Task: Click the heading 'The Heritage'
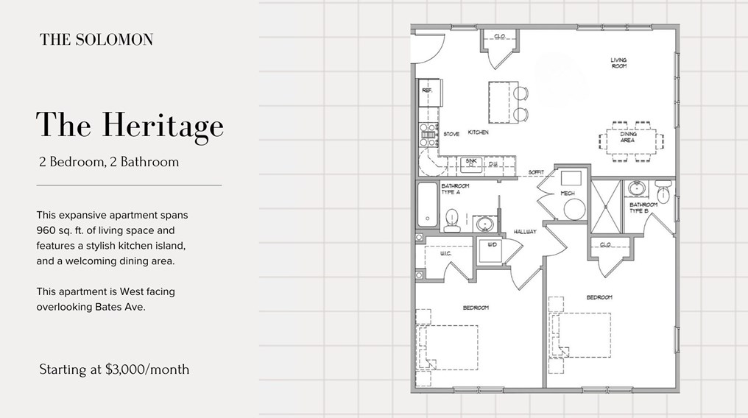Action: tap(130, 126)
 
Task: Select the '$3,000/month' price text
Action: tap(147, 369)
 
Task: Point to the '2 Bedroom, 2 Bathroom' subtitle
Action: tap(109, 162)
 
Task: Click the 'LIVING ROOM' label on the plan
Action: tap(618, 63)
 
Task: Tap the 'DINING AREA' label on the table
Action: tap(627, 137)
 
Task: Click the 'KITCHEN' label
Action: tap(478, 133)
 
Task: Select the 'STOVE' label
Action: tap(451, 135)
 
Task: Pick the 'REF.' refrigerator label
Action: tap(426, 90)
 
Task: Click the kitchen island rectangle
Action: tap(500, 102)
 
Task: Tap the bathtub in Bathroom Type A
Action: tap(426, 205)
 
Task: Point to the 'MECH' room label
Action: tap(567, 194)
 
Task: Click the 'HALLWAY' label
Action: tap(525, 232)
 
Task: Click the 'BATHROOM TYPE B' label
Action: tap(643, 208)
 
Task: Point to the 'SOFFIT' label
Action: tap(537, 172)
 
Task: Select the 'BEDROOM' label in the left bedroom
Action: tap(476, 308)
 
